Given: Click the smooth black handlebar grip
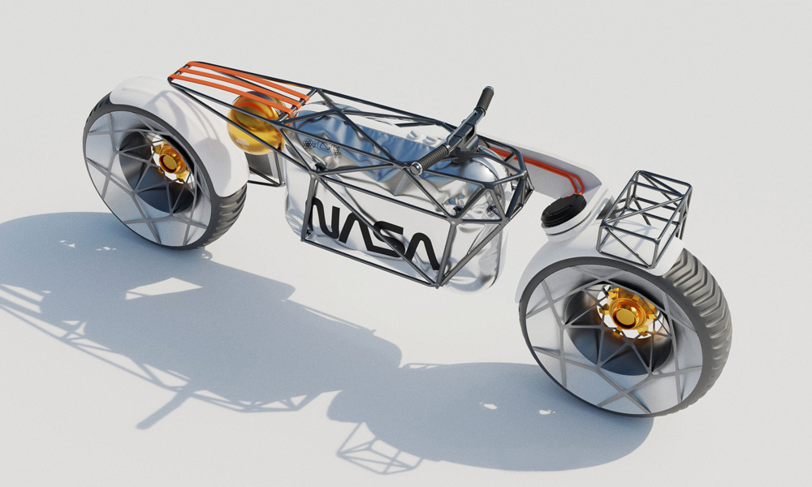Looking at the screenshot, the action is (x=485, y=99).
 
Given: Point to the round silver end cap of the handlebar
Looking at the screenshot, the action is (x=414, y=169).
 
